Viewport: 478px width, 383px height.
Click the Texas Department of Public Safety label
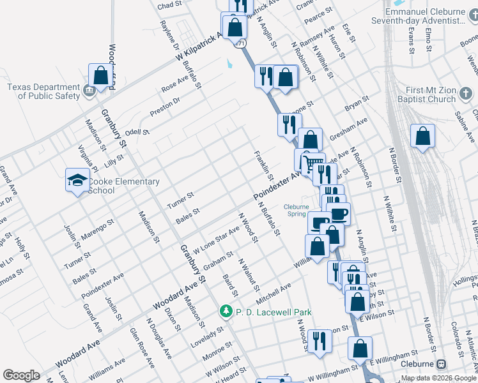(44, 91)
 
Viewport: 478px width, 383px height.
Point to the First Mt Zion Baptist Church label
(425, 94)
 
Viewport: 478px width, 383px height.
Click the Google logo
(21, 375)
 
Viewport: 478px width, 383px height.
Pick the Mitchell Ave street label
(273, 292)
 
